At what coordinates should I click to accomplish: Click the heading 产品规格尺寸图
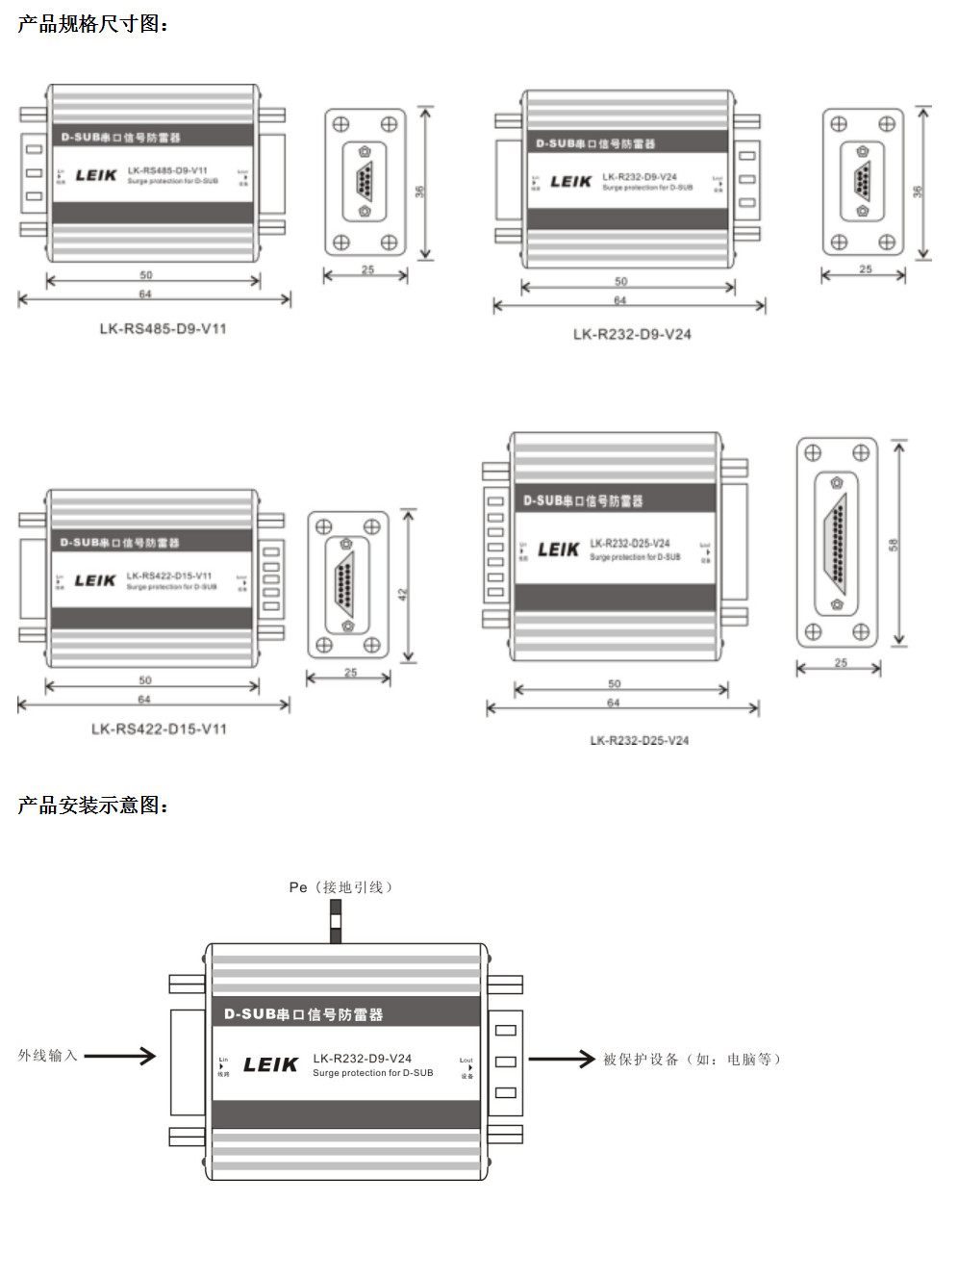click(92, 24)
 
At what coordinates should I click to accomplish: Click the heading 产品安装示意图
click(92, 806)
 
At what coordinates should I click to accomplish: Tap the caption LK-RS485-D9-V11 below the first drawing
click(163, 328)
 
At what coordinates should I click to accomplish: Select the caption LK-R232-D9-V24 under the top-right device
click(632, 334)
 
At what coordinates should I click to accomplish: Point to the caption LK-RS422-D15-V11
click(159, 729)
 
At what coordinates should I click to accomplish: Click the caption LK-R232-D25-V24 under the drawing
click(639, 740)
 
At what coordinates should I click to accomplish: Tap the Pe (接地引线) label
click(340, 886)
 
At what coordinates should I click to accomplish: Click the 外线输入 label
click(47, 1056)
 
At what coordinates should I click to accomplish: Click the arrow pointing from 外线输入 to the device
click(120, 1056)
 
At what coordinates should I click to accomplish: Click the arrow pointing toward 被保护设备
click(562, 1060)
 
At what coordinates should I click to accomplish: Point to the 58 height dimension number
click(894, 545)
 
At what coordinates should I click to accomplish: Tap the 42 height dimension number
click(403, 595)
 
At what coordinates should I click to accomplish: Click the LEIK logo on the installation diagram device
click(270, 1064)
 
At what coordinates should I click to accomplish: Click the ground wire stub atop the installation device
click(336, 921)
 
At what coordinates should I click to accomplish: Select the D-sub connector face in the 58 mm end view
click(837, 544)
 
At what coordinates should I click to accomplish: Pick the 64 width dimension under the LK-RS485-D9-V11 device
click(145, 294)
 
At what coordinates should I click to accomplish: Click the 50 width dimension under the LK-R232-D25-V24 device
click(615, 684)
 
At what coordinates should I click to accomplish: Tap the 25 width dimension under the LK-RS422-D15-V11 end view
click(350, 673)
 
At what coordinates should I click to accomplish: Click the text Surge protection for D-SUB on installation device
click(372, 1073)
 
